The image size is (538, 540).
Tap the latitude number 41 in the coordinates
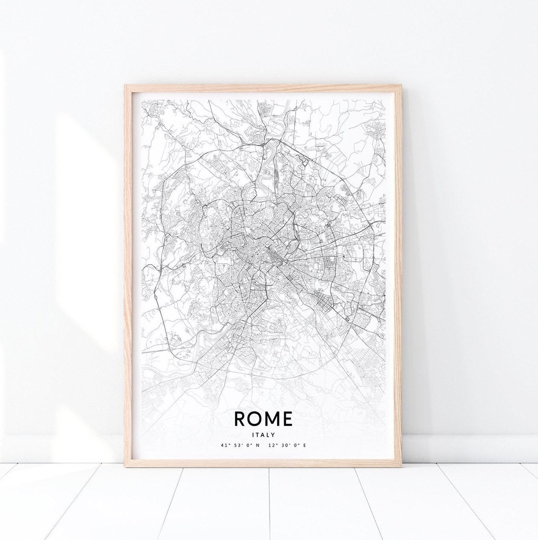(x=223, y=445)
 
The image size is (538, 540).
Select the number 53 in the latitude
(x=234, y=445)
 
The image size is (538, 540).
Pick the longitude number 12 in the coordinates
(x=271, y=445)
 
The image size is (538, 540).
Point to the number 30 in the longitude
(x=282, y=445)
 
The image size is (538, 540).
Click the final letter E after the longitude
(x=305, y=445)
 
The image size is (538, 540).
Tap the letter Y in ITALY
(x=273, y=434)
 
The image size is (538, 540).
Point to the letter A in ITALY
(x=262, y=434)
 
